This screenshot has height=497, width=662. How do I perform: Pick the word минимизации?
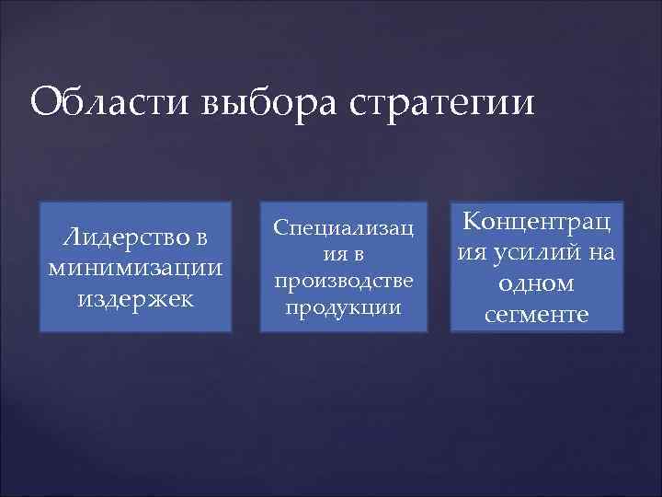(135, 268)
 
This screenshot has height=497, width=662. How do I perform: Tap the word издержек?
(135, 298)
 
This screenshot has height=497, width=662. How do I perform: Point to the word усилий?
(541, 253)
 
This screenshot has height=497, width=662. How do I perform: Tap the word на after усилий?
(600, 253)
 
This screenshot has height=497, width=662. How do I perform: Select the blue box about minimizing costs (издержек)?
(135, 267)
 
